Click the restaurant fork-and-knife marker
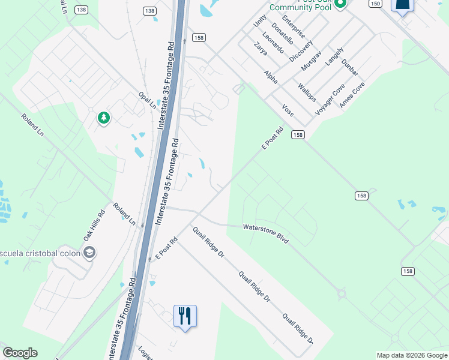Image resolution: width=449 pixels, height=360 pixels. [185, 314]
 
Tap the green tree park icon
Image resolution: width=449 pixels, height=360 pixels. [104, 118]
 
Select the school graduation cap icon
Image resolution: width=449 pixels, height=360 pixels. [89, 253]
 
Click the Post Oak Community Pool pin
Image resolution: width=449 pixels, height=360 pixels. [340, 4]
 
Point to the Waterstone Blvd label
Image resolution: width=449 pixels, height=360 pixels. [266, 233]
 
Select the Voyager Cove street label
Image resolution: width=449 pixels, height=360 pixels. [330, 100]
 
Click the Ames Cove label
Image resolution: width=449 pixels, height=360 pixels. [352, 95]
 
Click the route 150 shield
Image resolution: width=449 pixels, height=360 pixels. [375, 4]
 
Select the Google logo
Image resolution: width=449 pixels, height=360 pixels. [20, 353]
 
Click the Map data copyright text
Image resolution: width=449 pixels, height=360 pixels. [411, 355]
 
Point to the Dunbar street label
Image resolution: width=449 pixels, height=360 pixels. [349, 67]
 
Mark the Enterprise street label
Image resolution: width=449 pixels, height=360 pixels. [294, 28]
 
